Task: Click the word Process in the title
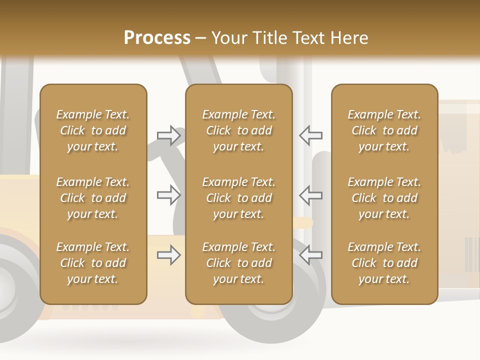coord(157,38)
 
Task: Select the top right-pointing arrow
coord(169,135)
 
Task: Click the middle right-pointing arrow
coord(169,195)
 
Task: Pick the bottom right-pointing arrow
coord(169,255)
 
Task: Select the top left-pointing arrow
coord(310,135)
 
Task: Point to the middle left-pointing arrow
coord(310,195)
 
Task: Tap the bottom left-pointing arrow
coord(310,255)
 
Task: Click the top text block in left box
coord(93,130)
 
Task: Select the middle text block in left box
coord(93,198)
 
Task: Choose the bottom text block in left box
coord(93,263)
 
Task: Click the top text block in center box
coord(238,130)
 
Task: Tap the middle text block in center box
coord(238,198)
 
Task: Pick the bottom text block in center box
coord(238,263)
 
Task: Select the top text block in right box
coord(384,130)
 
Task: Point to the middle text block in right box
coord(384,198)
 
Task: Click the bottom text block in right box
coord(384,263)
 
